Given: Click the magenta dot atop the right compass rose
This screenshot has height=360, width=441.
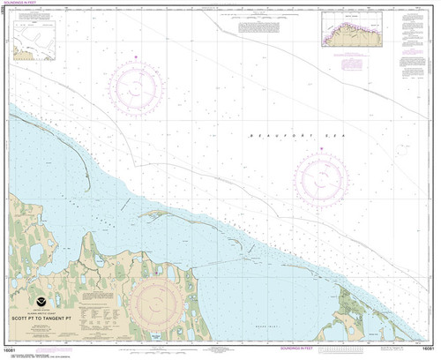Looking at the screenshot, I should click(x=320, y=150).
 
